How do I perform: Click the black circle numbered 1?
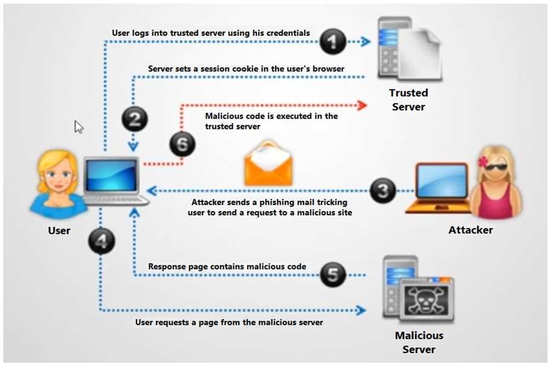[x=332, y=42]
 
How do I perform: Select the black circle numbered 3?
[x=383, y=191]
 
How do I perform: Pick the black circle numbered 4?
[x=102, y=241]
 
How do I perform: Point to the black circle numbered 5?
[x=333, y=275]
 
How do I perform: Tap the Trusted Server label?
[x=408, y=100]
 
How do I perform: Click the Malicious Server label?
[x=418, y=342]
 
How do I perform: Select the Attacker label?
[x=470, y=230]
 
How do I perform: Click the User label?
[x=59, y=230]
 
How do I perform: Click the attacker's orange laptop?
[x=438, y=187]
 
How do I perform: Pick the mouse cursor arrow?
[x=79, y=126]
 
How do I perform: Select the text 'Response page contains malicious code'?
[x=227, y=267]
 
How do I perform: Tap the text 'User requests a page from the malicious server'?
[x=229, y=322]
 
